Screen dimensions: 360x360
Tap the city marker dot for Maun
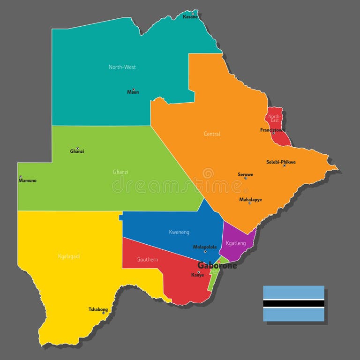click(133, 89)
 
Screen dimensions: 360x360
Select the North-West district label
click(122, 67)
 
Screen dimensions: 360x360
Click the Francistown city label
click(272, 130)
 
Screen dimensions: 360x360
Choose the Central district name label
click(212, 134)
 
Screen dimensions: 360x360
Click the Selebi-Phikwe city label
click(281, 162)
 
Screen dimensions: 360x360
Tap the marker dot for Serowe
click(245, 178)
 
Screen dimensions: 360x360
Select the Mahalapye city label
click(250, 199)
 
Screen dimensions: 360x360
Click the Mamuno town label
click(28, 180)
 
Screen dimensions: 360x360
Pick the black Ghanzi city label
click(77, 151)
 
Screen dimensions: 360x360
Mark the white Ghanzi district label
click(120, 172)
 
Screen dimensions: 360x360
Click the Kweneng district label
click(179, 232)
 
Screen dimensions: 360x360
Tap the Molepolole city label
click(205, 247)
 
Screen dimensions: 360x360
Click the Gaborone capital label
click(217, 265)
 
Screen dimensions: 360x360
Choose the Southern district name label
click(147, 259)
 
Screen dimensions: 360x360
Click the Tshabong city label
click(98, 309)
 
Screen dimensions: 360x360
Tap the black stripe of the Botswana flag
click(293, 303)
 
